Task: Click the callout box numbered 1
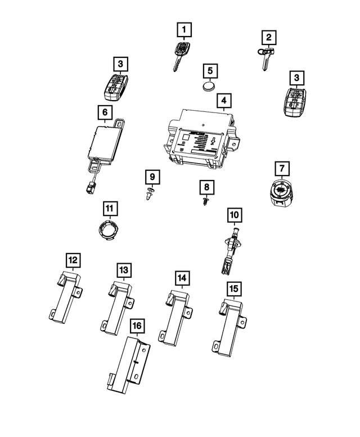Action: pos(184,28)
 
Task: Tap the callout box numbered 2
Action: pos(269,37)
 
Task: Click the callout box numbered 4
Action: pos(223,101)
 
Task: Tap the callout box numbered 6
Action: pos(104,112)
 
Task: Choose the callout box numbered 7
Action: pos(281,168)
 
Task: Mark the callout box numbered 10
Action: pos(234,214)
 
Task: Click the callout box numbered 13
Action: pos(123,270)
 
